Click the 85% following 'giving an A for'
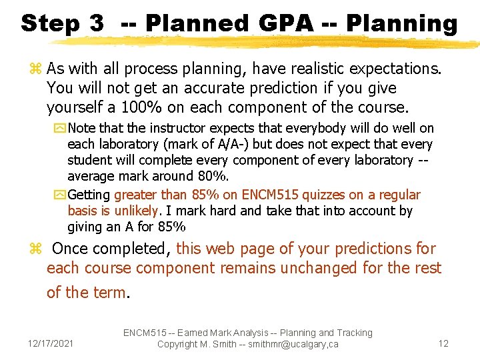click(171, 227)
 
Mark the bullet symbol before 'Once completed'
click(36, 249)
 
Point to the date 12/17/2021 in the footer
click(51, 343)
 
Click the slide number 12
click(443, 343)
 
